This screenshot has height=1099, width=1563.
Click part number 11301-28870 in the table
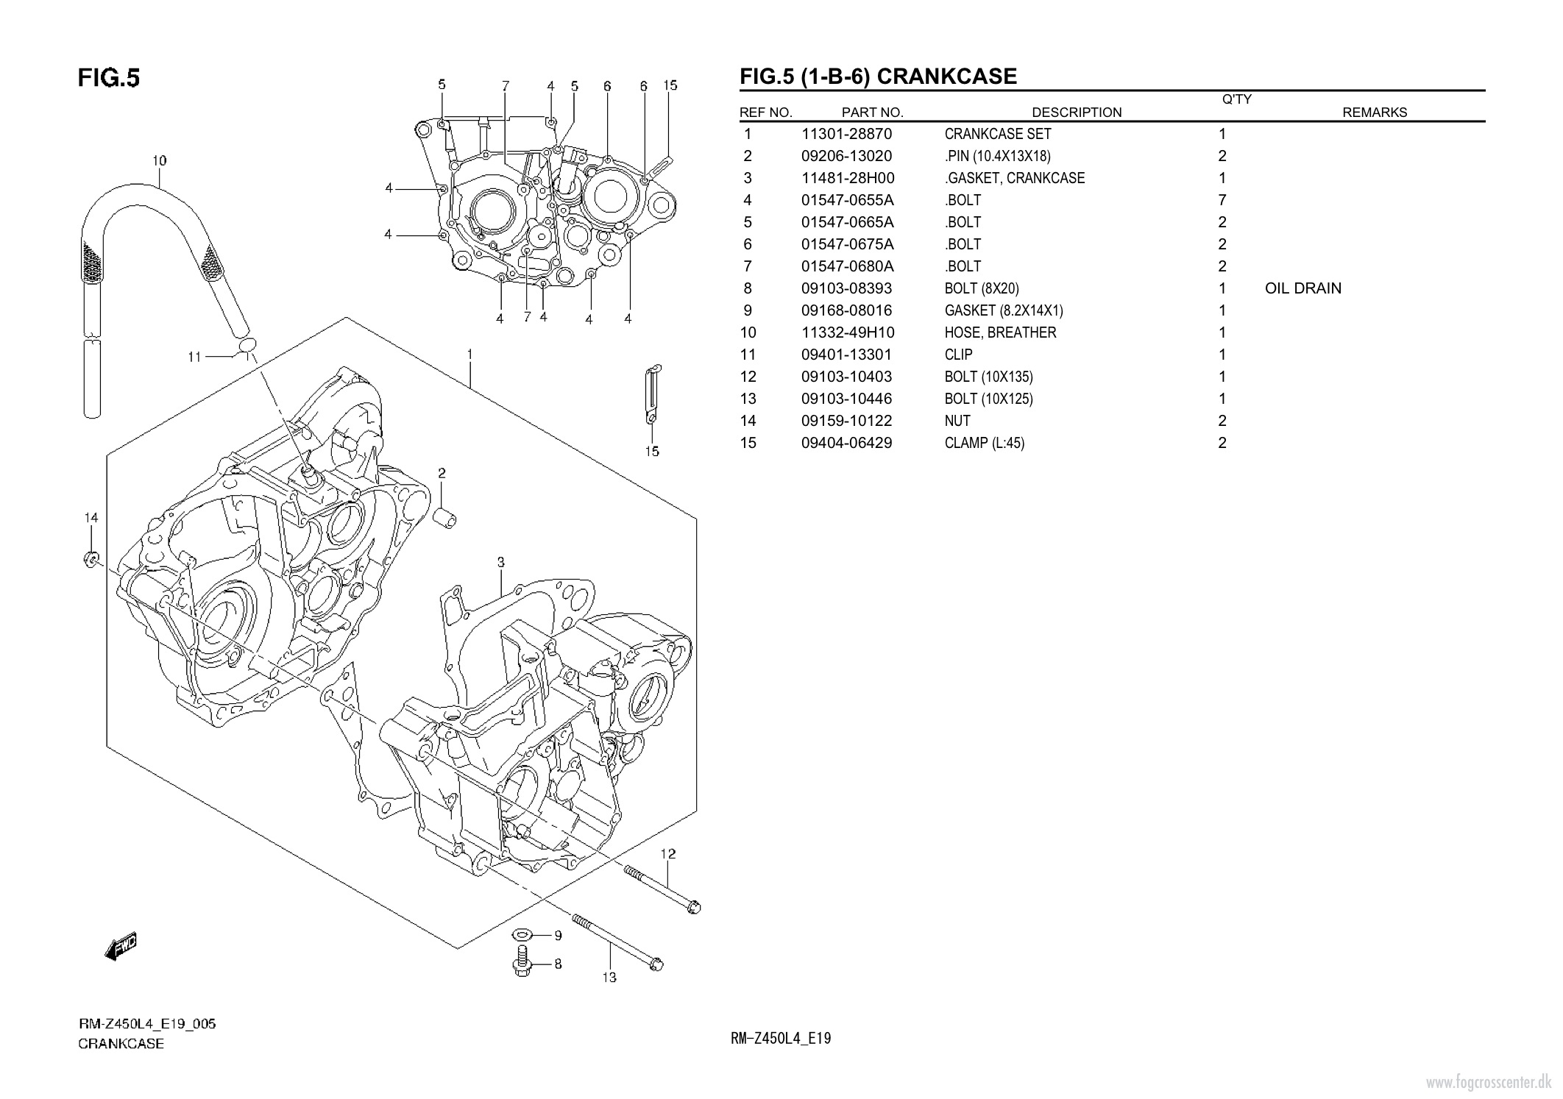pyautogui.click(x=846, y=134)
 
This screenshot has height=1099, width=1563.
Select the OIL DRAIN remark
pyautogui.click(x=1302, y=288)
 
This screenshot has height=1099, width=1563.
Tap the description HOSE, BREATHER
pyautogui.click(x=1000, y=332)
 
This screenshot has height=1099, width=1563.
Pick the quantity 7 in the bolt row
pyautogui.click(x=1222, y=200)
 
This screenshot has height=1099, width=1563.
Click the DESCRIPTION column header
pyautogui.click(x=1077, y=113)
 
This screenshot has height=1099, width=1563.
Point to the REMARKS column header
pyautogui.click(x=1374, y=113)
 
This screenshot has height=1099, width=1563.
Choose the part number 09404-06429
pyautogui.click(x=846, y=443)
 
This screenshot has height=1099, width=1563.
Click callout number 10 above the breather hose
pyautogui.click(x=159, y=160)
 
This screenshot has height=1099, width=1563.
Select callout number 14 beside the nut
pyautogui.click(x=91, y=518)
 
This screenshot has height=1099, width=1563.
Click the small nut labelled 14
pyautogui.click(x=91, y=560)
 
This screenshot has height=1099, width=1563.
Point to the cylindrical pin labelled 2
pyautogui.click(x=445, y=517)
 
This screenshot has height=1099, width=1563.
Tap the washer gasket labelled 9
pyautogui.click(x=522, y=934)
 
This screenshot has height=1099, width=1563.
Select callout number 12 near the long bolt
pyautogui.click(x=667, y=854)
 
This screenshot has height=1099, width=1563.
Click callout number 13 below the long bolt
pyautogui.click(x=609, y=978)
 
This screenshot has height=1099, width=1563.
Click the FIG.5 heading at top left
pyautogui.click(x=109, y=78)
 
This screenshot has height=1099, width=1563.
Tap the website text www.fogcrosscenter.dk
pyautogui.click(x=1489, y=1083)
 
